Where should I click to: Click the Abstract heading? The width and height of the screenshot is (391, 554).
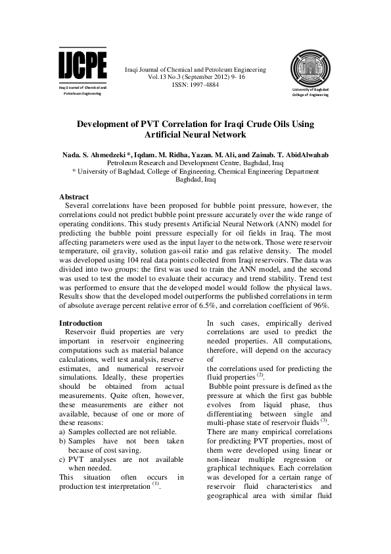74,197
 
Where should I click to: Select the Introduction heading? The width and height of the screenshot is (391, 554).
80,323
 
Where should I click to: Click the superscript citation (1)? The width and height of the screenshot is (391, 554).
156,484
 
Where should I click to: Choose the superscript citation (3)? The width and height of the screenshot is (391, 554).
323,420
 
